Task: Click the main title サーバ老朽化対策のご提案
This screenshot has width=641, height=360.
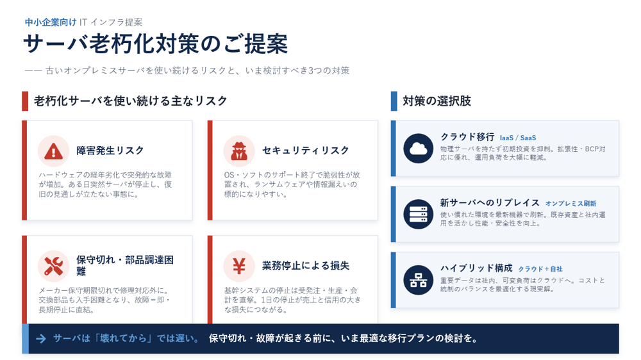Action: pos(156,44)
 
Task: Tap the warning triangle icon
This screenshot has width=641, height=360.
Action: pos(54,151)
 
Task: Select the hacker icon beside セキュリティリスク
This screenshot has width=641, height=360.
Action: pos(239,151)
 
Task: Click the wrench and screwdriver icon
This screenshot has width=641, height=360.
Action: pos(54,266)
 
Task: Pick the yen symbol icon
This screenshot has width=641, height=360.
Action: pos(239,266)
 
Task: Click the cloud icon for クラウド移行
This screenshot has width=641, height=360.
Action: pos(418,149)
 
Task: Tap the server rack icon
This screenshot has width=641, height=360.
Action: pos(418,214)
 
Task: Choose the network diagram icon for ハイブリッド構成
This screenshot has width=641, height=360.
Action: pos(418,280)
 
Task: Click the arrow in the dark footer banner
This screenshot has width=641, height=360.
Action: pos(41,338)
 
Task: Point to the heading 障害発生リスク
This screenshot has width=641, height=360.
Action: pos(110,151)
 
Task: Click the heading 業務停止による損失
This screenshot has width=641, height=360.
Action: pos(306,266)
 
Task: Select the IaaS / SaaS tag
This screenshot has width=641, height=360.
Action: pos(518,138)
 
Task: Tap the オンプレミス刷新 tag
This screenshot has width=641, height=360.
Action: pos(570,204)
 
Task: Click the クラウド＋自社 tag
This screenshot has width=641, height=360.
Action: pos(540,269)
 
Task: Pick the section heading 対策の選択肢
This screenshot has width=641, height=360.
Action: pos(437,101)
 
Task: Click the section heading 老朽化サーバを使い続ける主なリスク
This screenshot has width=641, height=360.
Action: pos(130,101)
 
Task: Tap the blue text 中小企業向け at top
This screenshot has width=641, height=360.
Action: pos(51,22)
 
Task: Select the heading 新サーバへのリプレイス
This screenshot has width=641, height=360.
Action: pos(490,202)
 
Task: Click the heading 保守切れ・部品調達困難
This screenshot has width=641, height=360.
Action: pos(125,265)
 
